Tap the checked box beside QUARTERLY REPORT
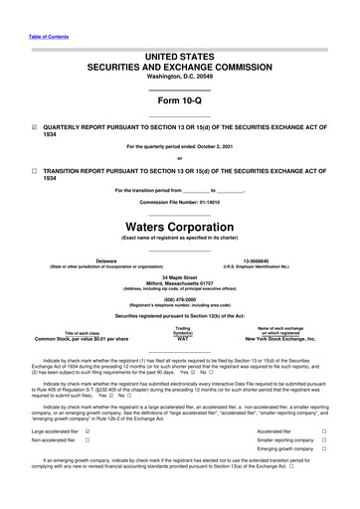point(35,128)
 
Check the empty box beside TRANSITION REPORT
point(35,169)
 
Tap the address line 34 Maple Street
point(179,277)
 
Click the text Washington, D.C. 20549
point(179,76)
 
